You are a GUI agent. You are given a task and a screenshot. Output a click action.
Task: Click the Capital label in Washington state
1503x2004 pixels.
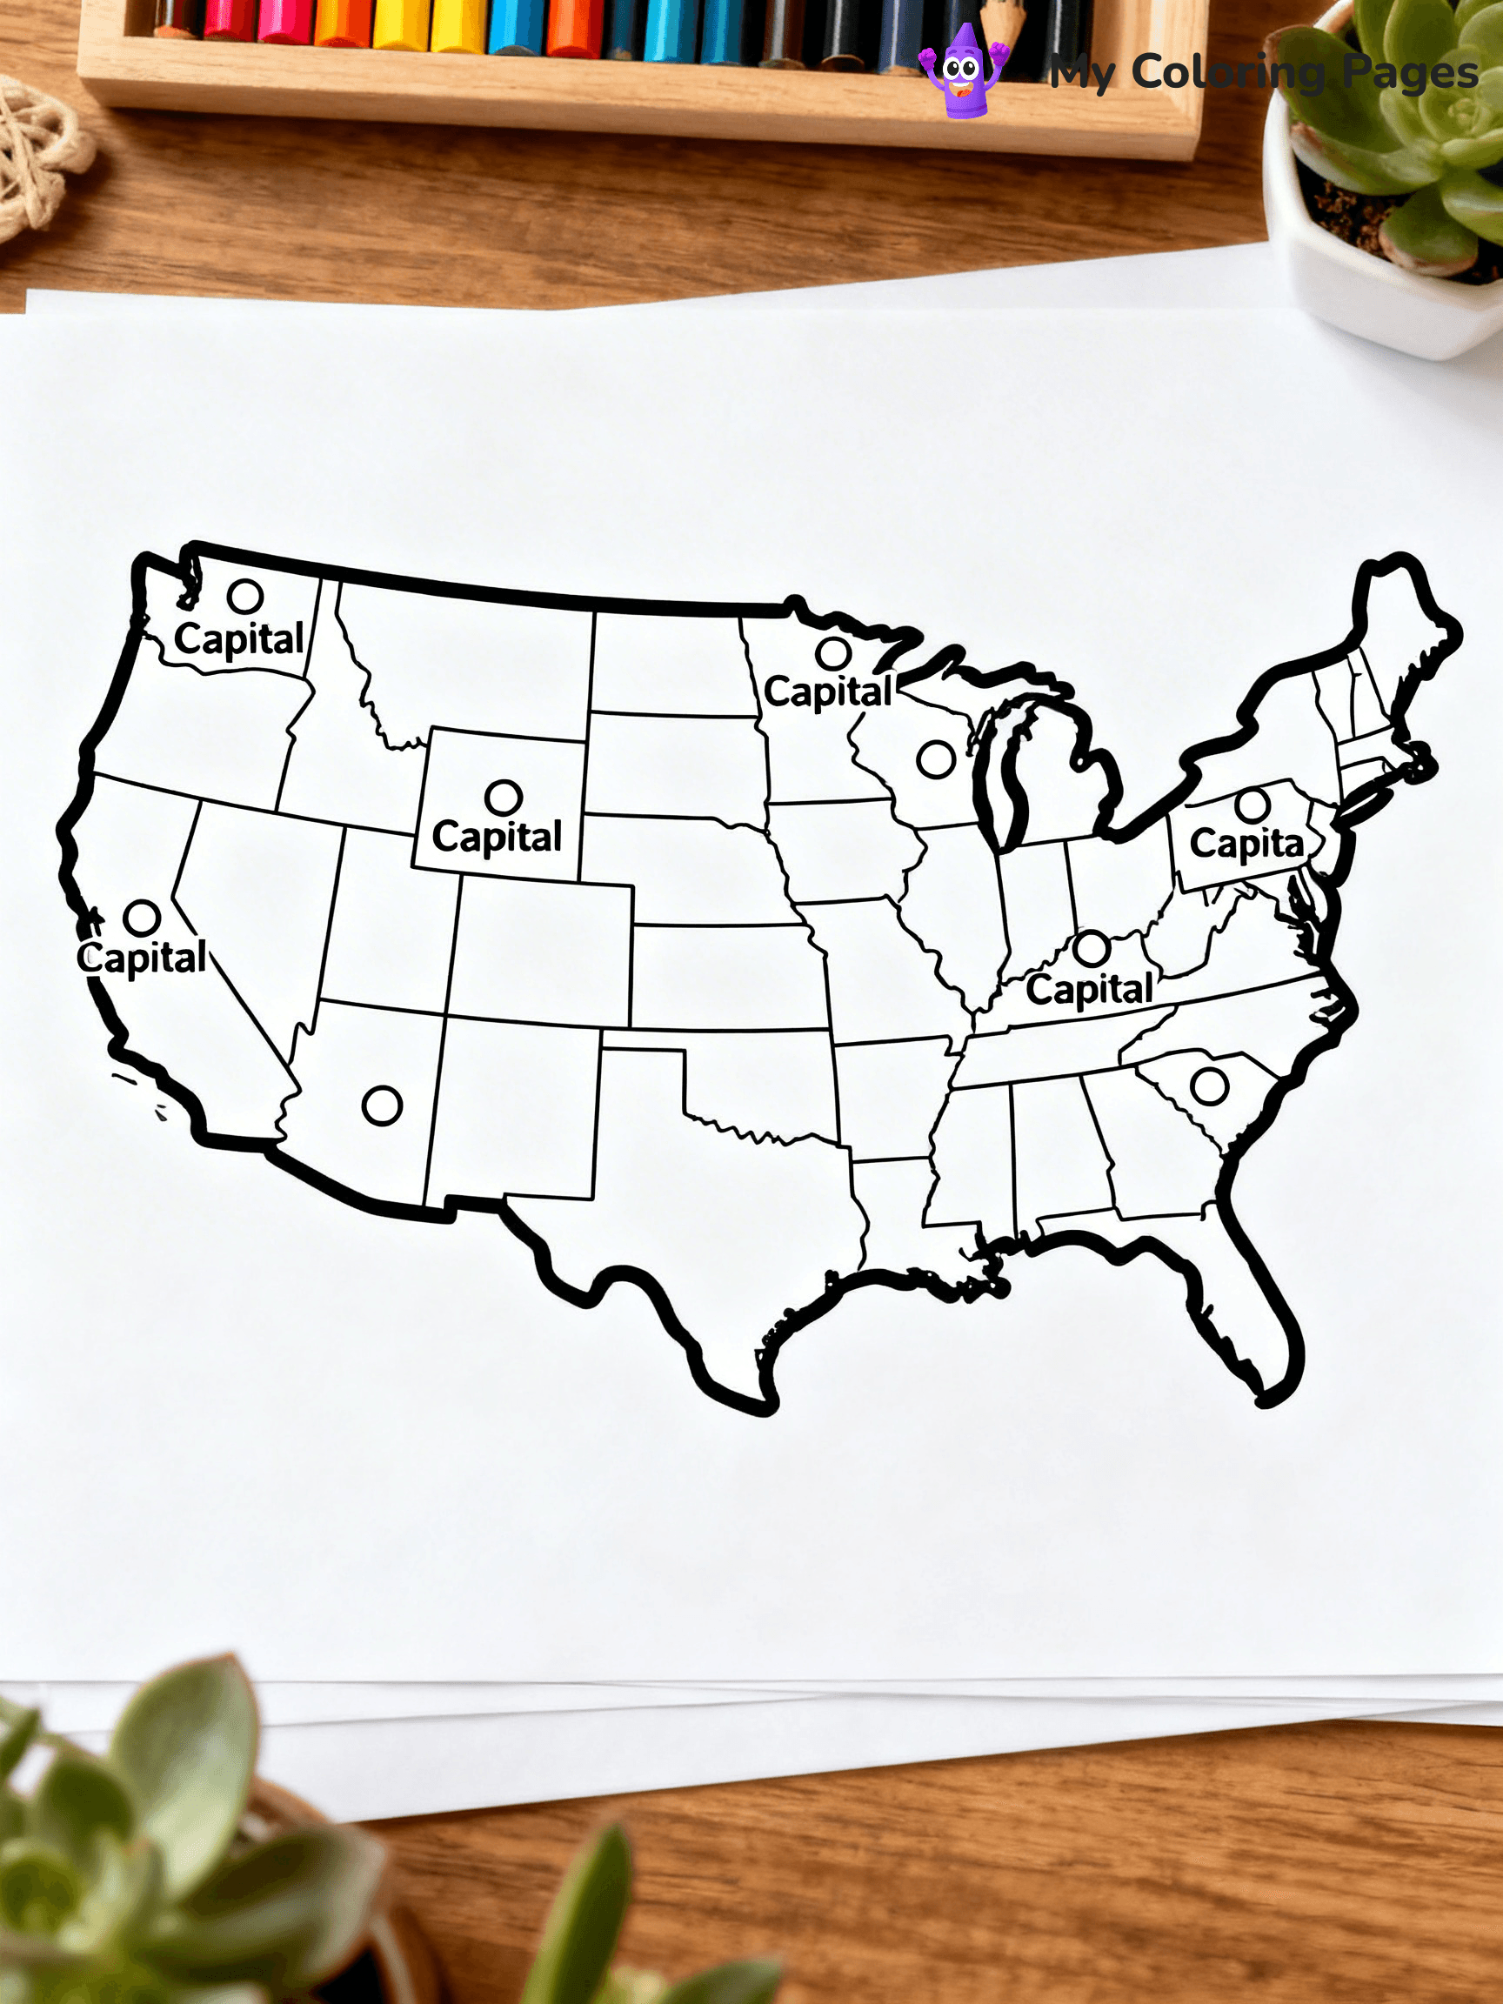click(x=239, y=639)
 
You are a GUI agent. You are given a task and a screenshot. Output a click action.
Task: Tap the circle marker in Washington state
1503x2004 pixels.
click(x=244, y=596)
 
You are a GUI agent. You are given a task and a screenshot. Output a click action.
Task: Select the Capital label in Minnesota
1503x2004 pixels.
click(x=828, y=692)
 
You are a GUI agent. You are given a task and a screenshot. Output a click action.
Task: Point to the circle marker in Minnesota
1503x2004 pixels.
click(x=832, y=652)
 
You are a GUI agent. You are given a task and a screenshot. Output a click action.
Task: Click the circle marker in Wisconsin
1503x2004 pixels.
click(x=935, y=759)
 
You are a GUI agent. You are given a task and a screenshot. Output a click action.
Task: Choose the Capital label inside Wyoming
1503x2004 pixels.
click(x=497, y=836)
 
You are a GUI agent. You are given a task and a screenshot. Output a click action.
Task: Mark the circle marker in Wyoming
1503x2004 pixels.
click(x=503, y=798)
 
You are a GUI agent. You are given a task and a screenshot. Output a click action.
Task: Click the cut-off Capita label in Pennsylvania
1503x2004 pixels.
click(x=1246, y=844)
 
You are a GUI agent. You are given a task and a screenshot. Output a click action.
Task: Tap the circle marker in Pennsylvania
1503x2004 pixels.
click(x=1251, y=805)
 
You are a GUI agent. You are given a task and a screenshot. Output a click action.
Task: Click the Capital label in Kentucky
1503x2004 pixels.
click(x=1089, y=988)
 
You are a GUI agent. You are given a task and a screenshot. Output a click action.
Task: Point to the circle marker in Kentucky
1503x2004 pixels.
click(x=1091, y=949)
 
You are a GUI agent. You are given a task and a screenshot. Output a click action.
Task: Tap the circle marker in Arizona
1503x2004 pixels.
click(x=382, y=1106)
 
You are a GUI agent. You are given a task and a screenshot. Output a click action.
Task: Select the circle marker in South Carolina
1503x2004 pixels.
click(x=1208, y=1085)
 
